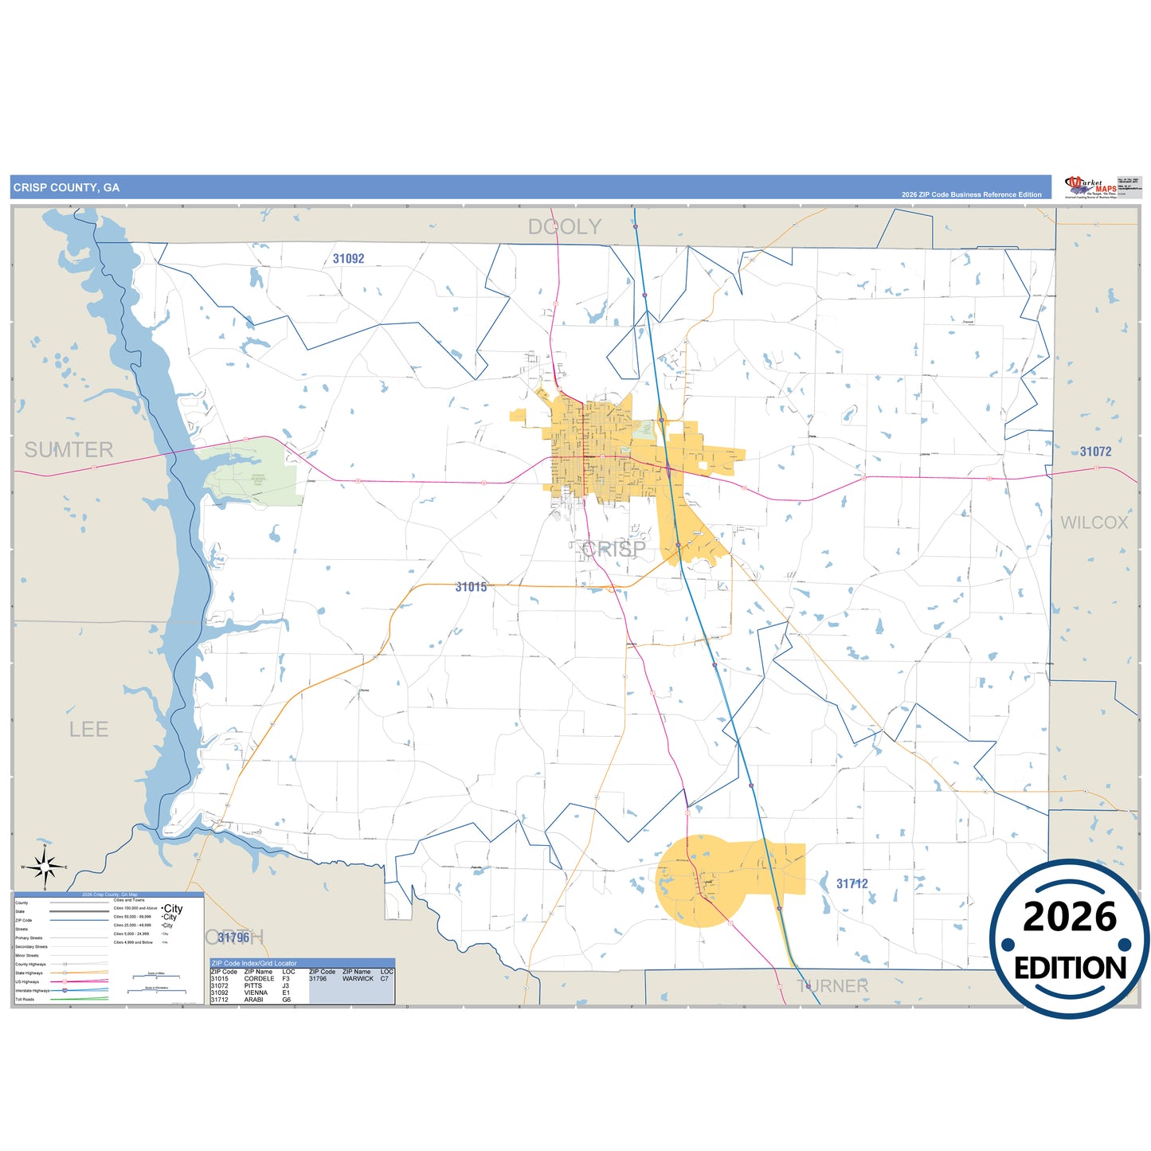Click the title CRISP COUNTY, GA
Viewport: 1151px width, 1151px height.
[66, 188]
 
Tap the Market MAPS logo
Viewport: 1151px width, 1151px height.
[1092, 188]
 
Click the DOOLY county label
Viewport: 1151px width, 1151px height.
[565, 227]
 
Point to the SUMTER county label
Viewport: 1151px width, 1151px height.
[69, 450]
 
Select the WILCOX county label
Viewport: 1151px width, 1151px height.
[1094, 523]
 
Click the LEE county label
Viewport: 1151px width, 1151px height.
[88, 730]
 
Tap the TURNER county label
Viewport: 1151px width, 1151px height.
[832, 986]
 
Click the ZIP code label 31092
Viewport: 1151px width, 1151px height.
[348, 259]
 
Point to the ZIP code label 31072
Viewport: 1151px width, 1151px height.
[1095, 452]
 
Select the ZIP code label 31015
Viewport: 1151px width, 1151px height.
[471, 587]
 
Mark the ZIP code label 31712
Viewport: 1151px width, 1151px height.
[852, 884]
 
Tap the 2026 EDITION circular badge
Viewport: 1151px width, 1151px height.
[1069, 940]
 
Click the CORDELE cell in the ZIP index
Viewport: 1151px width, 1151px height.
[259, 979]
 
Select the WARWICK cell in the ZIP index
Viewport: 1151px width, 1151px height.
[358, 979]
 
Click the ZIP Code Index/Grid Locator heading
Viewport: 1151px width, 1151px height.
[254, 964]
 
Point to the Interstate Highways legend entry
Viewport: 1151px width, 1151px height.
[32, 991]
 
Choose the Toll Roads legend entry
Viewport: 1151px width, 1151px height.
[25, 1000]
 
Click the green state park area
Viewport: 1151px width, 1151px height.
[251, 476]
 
